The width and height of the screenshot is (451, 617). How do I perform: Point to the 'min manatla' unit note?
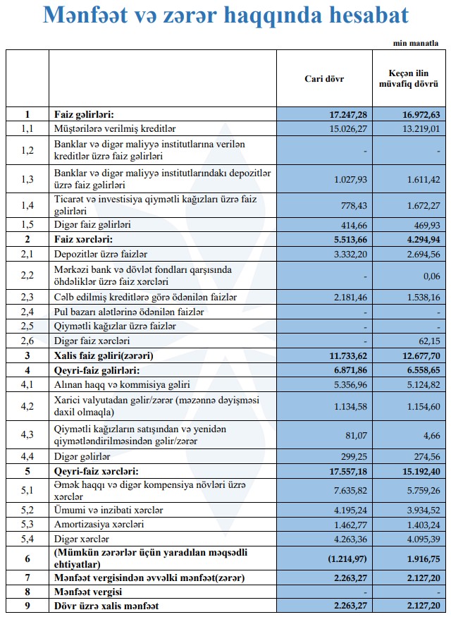pos(421,43)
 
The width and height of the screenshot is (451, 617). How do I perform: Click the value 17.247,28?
pos(348,114)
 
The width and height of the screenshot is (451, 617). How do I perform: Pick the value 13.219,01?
pos(420,128)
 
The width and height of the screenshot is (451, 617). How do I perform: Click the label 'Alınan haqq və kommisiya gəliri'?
pos(122,385)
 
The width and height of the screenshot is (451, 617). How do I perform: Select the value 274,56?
pos(424,457)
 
